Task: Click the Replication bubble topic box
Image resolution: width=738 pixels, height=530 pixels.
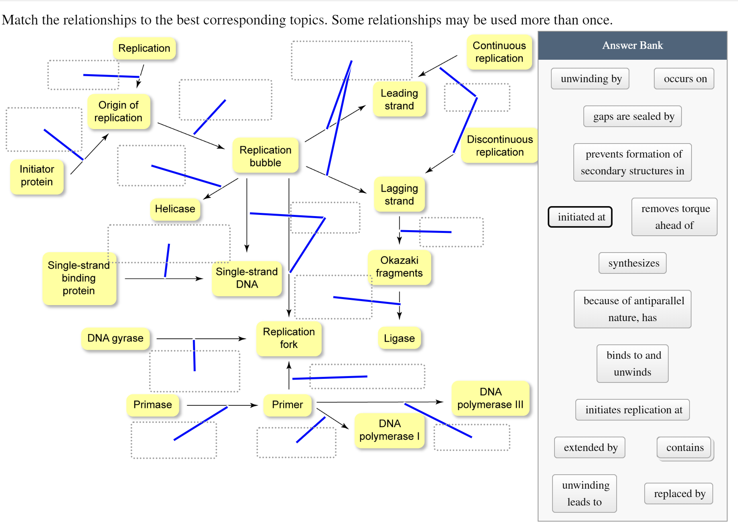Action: [265, 156]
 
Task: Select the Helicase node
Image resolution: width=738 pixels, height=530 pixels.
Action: [175, 209]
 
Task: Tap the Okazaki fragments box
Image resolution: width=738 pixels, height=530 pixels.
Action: [399, 267]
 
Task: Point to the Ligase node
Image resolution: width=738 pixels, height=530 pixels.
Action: [399, 338]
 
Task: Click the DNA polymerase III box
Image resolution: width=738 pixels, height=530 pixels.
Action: [490, 398]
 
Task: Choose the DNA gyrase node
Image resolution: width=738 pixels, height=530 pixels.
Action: [115, 338]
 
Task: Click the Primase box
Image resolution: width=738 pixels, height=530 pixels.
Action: [152, 405]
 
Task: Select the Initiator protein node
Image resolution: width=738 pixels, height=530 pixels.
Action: [37, 176]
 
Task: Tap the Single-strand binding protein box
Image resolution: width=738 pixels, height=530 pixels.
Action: [79, 278]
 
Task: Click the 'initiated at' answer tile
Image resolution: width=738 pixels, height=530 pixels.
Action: [581, 217]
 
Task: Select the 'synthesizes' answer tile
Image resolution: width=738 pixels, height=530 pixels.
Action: [633, 263]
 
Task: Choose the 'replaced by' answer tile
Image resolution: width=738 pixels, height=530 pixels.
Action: [679, 494]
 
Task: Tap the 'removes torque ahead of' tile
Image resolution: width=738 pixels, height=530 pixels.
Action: [675, 217]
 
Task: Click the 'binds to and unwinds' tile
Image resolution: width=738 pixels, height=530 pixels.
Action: [633, 364]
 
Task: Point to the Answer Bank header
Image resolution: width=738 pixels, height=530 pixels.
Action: [632, 45]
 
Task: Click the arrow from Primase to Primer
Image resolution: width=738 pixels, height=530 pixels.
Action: [220, 405]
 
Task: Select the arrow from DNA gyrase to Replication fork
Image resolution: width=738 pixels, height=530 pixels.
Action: [200, 339]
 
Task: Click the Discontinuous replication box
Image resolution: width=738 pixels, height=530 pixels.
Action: [500, 146]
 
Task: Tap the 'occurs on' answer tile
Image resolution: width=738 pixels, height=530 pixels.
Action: [685, 79]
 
